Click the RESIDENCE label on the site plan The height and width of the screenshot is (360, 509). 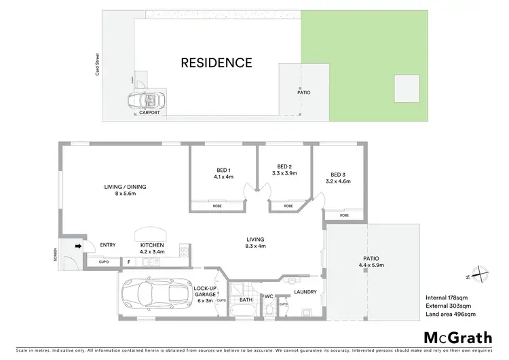(x=216, y=63)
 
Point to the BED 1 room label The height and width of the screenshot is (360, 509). (x=223, y=173)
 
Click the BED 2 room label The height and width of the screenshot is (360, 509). (x=284, y=169)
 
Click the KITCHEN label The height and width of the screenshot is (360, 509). (x=153, y=248)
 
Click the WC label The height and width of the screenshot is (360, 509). (x=269, y=295)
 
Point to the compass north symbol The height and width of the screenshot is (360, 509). (x=480, y=274)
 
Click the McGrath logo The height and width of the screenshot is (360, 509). (x=458, y=338)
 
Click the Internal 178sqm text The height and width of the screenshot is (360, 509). (x=444, y=298)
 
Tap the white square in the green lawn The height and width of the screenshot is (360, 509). (x=407, y=88)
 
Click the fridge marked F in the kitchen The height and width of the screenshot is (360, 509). (x=129, y=262)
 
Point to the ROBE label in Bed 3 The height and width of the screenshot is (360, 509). (x=344, y=215)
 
